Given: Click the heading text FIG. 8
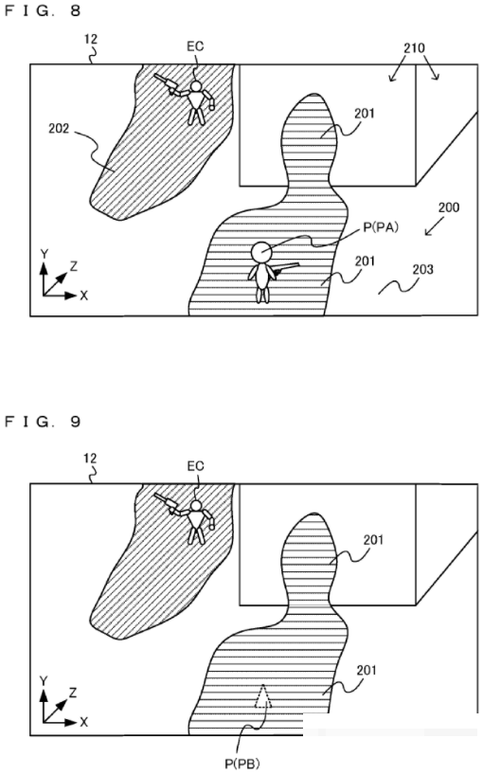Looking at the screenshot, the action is (x=43, y=10).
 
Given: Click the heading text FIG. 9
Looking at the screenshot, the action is (x=43, y=421).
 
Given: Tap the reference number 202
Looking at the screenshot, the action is (x=59, y=130).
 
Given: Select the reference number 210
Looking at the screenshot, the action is (x=414, y=48).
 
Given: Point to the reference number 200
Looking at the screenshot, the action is (x=449, y=207).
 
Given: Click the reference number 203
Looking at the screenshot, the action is (x=422, y=269).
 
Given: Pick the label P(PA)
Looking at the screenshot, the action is (x=381, y=227).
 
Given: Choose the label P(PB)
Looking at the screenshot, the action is (x=242, y=764).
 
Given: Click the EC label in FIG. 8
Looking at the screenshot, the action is (x=195, y=46).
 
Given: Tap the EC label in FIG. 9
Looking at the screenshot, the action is (x=196, y=466).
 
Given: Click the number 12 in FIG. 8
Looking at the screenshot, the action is (x=91, y=39).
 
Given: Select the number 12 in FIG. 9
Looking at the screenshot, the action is (x=90, y=459).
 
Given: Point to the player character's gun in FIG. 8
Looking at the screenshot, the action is (x=286, y=267).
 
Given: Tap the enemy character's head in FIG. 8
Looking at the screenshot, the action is (x=196, y=87).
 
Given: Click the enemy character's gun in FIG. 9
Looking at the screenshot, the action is (x=166, y=500).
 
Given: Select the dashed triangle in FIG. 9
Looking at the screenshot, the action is (x=262, y=696).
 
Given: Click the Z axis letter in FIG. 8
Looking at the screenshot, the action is (x=74, y=266).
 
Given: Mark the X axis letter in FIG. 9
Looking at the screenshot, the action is (x=84, y=722).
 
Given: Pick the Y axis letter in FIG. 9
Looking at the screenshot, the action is (x=44, y=682).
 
